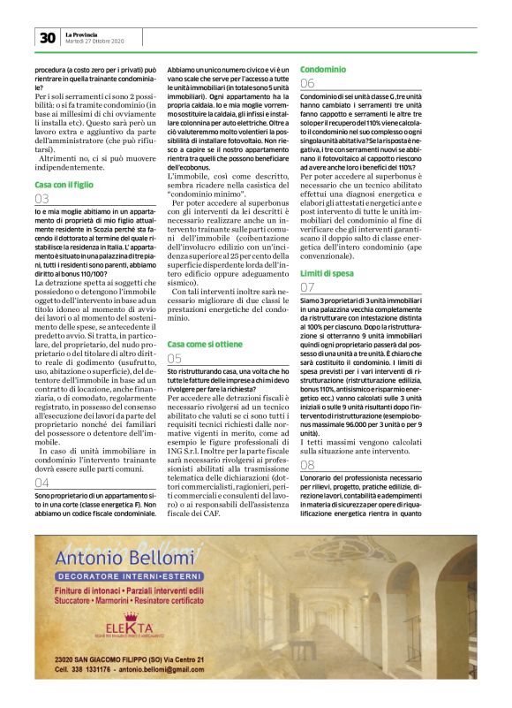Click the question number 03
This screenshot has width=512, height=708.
pos(42,200)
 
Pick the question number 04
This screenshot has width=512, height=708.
pos(42,483)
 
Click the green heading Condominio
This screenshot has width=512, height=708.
pos(322,68)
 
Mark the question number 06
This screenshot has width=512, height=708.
pos(307,84)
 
